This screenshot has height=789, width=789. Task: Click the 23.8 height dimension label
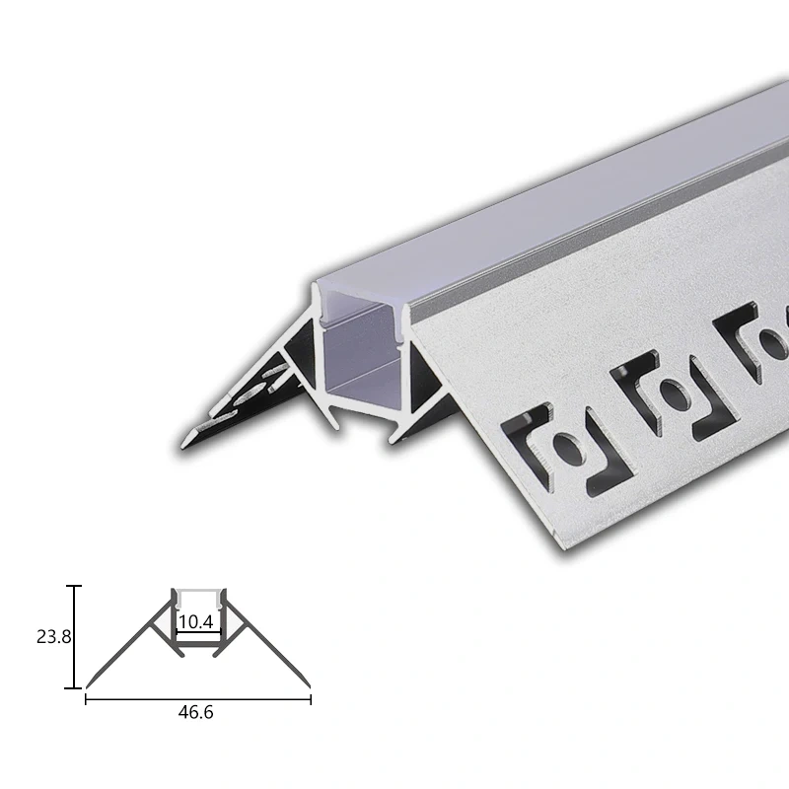[x=54, y=637]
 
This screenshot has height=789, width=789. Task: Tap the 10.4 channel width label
[x=195, y=622]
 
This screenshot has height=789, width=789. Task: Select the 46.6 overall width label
[x=195, y=712]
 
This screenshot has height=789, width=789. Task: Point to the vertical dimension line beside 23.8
[x=75, y=637]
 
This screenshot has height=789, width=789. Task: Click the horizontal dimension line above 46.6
[x=198, y=699]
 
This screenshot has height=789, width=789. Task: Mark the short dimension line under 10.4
[x=198, y=632]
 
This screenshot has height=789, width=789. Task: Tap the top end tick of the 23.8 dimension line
[x=75, y=586]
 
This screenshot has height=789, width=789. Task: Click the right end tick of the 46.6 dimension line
[x=311, y=699]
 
